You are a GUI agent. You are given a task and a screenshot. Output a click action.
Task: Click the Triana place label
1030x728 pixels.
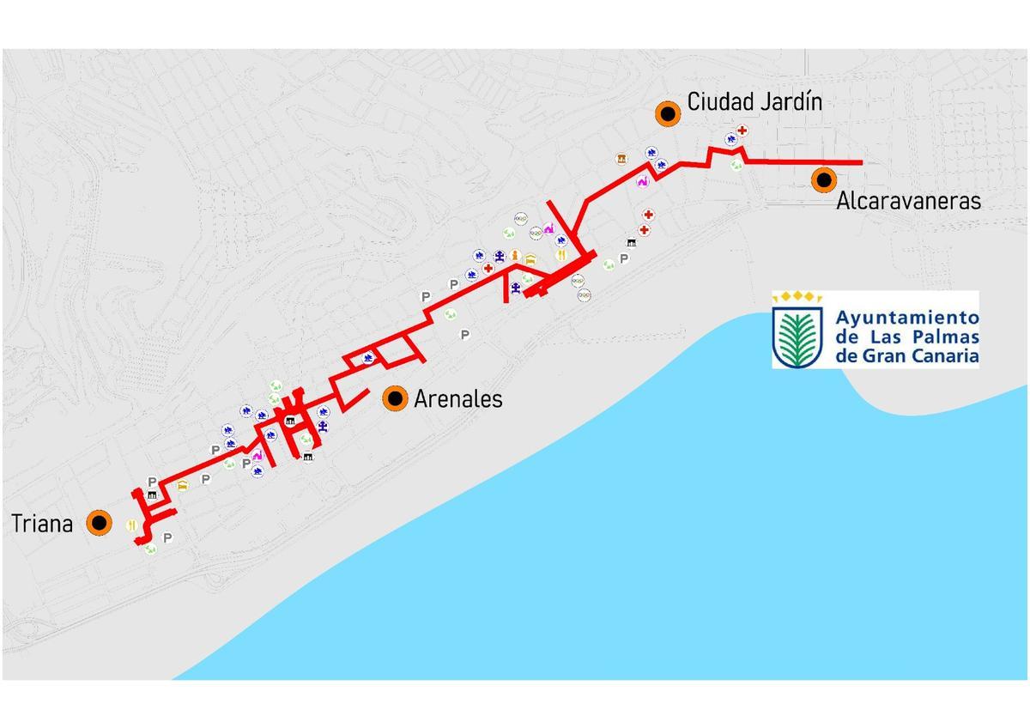(x=42, y=524)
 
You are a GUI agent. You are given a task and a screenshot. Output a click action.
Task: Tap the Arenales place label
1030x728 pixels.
(x=457, y=398)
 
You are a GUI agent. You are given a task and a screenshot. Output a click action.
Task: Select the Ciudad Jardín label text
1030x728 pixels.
(x=754, y=102)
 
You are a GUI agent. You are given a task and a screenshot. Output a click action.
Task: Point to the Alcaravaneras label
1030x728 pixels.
(x=908, y=201)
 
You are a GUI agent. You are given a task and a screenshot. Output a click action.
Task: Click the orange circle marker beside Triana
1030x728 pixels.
(x=100, y=523)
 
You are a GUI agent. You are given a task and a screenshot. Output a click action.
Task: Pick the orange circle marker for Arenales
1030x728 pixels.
(x=395, y=397)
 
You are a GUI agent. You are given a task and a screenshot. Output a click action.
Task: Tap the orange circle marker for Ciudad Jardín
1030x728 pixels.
(x=667, y=112)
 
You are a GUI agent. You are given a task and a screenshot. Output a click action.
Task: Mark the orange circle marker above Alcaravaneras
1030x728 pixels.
(x=825, y=179)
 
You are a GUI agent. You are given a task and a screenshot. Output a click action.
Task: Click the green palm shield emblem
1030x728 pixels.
(x=798, y=336)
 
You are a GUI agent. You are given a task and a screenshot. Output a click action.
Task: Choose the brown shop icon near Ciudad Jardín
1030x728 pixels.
(x=621, y=159)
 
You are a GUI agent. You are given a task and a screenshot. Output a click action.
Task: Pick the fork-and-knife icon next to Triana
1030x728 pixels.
(x=130, y=525)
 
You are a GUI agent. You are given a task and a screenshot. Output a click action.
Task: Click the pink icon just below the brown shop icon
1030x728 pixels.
(x=641, y=181)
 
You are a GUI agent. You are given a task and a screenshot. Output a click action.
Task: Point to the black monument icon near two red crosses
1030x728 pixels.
(x=632, y=244)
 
